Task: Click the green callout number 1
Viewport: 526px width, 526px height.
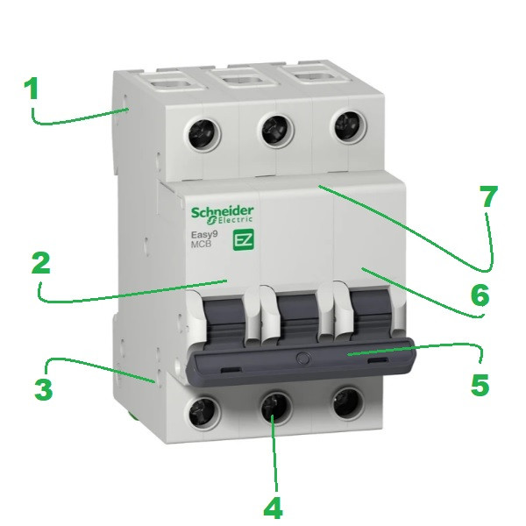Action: pyautogui.click(x=32, y=89)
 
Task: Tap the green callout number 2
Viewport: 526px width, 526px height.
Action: pyautogui.click(x=41, y=263)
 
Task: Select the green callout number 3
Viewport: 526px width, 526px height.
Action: pyautogui.click(x=44, y=389)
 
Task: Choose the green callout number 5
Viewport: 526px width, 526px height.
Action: pyautogui.click(x=480, y=385)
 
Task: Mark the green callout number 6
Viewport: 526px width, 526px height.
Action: pyautogui.click(x=480, y=295)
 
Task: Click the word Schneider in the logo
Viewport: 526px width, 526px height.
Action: pyautogui.click(x=223, y=212)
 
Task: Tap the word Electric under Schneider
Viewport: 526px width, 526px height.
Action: pyautogui.click(x=234, y=220)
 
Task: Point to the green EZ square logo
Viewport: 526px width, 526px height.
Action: pyautogui.click(x=244, y=240)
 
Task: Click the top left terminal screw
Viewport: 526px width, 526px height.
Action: pyautogui.click(x=203, y=133)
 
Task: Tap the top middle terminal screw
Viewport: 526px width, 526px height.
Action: pyautogui.click(x=275, y=131)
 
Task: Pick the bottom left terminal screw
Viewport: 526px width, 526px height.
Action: pyautogui.click(x=203, y=413)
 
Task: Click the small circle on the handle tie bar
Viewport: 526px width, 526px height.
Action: pyautogui.click(x=303, y=359)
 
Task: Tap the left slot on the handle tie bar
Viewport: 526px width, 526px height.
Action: pyautogui.click(x=231, y=370)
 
